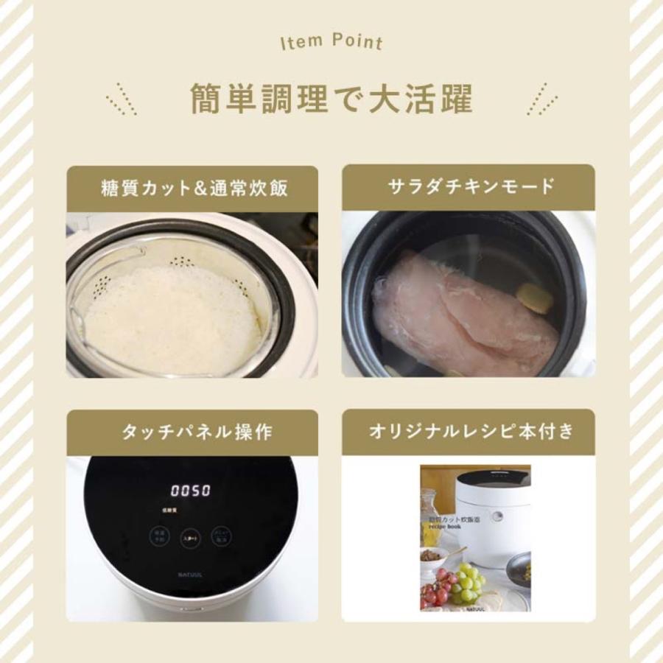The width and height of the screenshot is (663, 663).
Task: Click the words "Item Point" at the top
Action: (x=331, y=41)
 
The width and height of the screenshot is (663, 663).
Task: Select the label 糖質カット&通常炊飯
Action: (x=194, y=187)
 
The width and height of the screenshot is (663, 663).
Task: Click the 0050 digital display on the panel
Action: (x=191, y=491)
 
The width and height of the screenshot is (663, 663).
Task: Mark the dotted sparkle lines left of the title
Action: (x=121, y=99)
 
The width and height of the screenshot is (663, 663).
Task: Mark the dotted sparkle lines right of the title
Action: (x=542, y=99)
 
